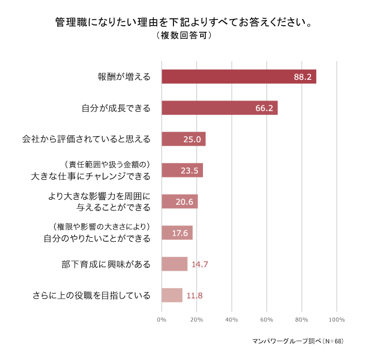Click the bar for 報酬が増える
tap(239, 76)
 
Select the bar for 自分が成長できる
tap(219, 108)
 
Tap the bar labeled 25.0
tap(183, 139)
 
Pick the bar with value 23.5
tap(182, 170)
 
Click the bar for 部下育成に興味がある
tap(174, 264)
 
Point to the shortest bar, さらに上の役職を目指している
tap(172, 295)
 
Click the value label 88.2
tap(303, 77)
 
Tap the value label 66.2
tap(264, 108)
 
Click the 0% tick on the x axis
tap(162, 320)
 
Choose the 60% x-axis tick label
tap(267, 320)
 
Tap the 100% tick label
tap(337, 320)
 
